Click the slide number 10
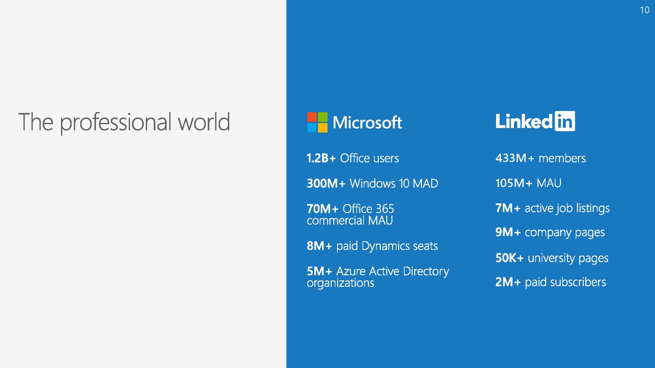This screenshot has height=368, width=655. click(645, 10)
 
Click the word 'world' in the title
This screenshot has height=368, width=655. click(204, 122)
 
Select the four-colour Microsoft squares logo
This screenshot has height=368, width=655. click(317, 122)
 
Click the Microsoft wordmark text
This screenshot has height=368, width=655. click(367, 122)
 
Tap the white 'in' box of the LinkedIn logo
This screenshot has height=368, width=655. click(565, 121)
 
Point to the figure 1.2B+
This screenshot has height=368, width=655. click(321, 158)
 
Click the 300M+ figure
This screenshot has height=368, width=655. click(326, 184)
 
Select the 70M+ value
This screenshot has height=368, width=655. click(322, 209)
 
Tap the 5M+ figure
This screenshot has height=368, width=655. click(319, 271)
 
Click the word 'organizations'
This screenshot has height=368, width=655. click(340, 283)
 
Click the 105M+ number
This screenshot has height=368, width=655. click(514, 183)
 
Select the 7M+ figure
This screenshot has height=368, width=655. click(508, 208)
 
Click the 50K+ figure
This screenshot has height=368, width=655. click(509, 258)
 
